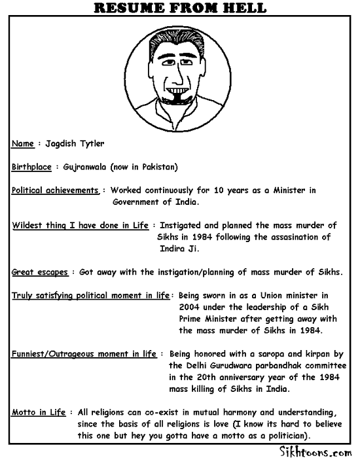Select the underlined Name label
point(23,143)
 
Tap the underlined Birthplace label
point(31,167)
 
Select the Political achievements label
point(56,190)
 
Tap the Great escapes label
point(40,272)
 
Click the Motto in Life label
point(39,413)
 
